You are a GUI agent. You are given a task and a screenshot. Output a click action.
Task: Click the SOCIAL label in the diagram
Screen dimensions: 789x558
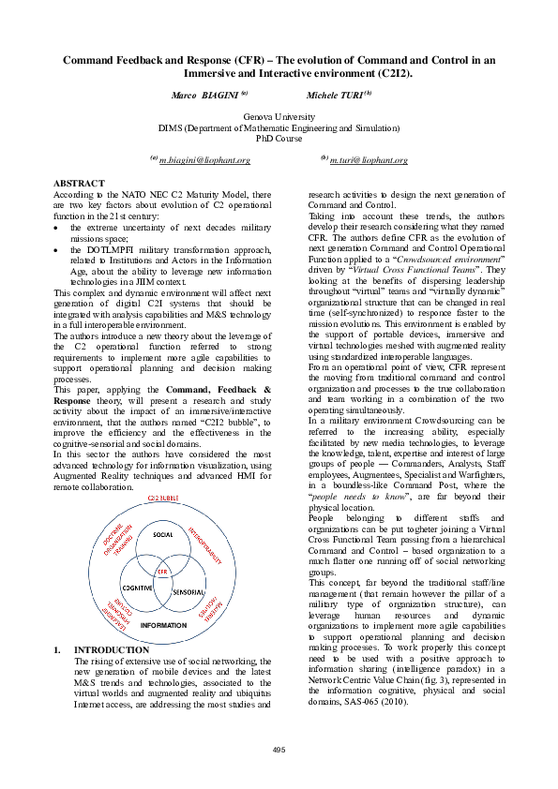coord(163,534)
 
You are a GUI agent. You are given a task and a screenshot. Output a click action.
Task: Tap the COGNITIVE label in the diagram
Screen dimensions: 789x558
coord(137,587)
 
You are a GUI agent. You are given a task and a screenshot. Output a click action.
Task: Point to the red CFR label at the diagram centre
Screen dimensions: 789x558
coord(162,570)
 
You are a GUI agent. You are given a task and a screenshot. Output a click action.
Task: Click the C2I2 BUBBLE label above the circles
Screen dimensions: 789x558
coord(164,497)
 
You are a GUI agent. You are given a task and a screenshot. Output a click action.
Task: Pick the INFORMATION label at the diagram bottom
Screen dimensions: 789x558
coord(163,624)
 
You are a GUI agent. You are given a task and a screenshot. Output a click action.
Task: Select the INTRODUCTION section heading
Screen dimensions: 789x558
coord(112,649)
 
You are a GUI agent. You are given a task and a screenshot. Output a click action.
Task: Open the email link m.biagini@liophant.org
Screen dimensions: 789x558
coord(204,160)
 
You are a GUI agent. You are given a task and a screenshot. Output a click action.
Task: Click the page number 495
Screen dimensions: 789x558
coord(279,749)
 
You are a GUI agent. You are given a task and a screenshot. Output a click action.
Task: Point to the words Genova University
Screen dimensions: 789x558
coord(279,116)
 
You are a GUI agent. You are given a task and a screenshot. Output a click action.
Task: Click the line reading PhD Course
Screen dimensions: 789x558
coord(279,138)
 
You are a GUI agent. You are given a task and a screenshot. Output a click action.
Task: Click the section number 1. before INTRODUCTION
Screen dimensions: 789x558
coord(58,649)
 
